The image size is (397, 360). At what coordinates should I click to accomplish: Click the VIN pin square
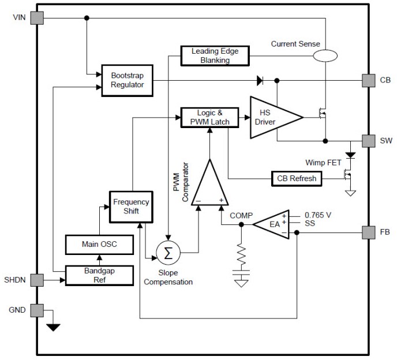(38, 18)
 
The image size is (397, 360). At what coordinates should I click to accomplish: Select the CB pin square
(368, 80)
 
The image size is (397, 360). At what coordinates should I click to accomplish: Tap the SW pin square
(368, 140)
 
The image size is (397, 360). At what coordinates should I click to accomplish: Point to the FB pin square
(368, 232)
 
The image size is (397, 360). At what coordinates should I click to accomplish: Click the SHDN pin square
(38, 280)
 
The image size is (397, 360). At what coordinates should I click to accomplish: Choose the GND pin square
(38, 310)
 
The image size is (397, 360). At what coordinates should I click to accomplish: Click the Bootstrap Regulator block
(127, 80)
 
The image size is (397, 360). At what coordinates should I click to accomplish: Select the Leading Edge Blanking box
(215, 55)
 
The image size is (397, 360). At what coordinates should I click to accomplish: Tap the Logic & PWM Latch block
(205, 117)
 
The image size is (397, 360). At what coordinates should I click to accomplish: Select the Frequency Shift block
(131, 207)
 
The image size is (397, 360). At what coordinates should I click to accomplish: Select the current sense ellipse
(325, 55)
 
